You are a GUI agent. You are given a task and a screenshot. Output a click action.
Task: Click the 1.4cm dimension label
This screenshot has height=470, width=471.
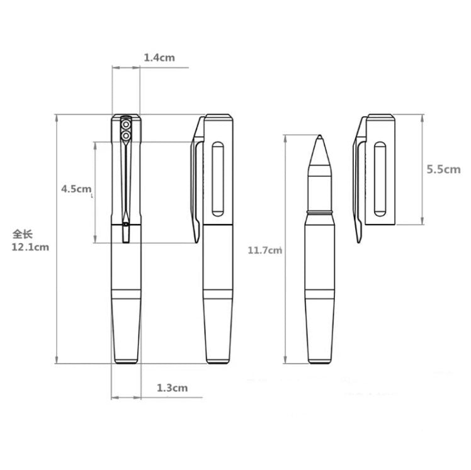159,58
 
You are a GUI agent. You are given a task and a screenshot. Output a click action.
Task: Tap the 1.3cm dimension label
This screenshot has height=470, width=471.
172,388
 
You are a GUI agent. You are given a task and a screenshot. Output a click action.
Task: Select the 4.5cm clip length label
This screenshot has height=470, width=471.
76,189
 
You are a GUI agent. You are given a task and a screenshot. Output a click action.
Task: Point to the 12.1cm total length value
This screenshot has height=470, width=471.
30,247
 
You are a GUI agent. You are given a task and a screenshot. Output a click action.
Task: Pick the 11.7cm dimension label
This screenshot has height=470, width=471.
264,250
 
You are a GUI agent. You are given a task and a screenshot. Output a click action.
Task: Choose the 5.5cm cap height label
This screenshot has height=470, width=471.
443,169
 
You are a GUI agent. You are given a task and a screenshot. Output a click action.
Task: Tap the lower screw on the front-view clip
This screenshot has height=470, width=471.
126,135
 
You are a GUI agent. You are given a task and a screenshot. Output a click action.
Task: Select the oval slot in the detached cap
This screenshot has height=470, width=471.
380,177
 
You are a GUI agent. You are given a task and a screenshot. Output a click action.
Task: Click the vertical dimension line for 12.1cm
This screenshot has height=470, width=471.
56,239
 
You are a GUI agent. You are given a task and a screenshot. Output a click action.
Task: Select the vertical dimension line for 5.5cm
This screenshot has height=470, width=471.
423,169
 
